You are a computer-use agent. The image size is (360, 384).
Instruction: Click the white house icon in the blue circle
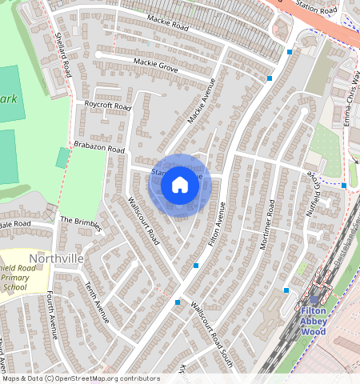(x=180, y=186)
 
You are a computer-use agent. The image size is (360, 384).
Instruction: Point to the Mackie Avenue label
(x=202, y=106)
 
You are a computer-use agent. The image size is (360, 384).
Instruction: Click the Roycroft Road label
(x=107, y=106)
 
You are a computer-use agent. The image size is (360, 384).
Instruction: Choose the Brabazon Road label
(x=99, y=150)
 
